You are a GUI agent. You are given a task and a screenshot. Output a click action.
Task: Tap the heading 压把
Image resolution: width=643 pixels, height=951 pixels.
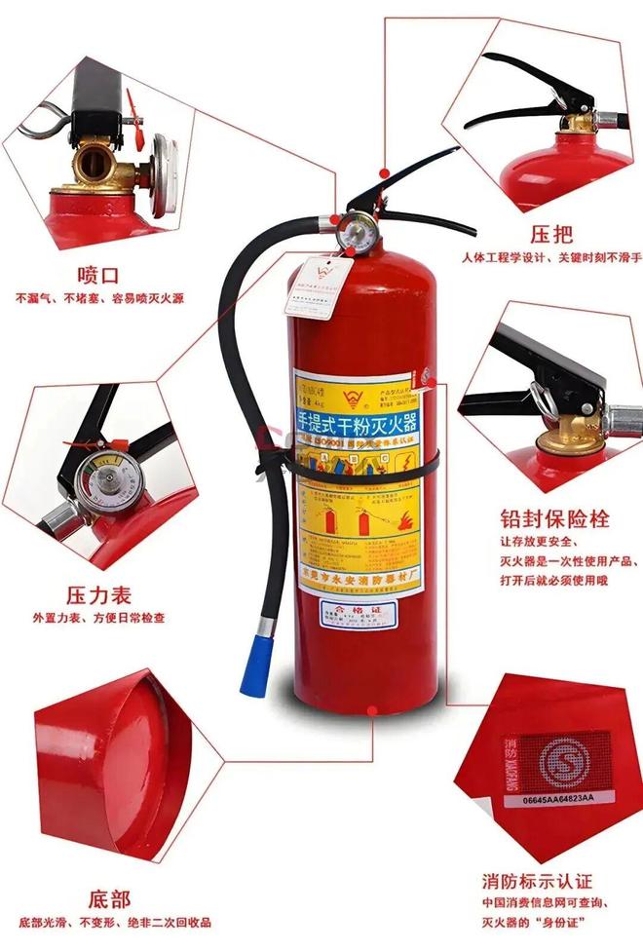coord(550,235)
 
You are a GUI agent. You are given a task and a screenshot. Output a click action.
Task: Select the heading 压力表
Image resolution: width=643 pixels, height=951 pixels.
coord(98,594)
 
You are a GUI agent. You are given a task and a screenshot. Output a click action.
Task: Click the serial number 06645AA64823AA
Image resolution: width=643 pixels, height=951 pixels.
coord(550,798)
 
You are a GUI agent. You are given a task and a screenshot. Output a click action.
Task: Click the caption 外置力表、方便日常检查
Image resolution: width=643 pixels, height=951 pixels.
coord(98,618)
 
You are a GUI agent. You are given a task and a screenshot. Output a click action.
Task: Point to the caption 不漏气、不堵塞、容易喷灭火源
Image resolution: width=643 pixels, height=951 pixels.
coord(99,297)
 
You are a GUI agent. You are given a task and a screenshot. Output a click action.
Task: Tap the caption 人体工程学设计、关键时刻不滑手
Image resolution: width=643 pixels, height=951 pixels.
coord(551,258)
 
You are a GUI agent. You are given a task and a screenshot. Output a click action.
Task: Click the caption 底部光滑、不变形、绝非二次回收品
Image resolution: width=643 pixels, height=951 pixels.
coord(108,922)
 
